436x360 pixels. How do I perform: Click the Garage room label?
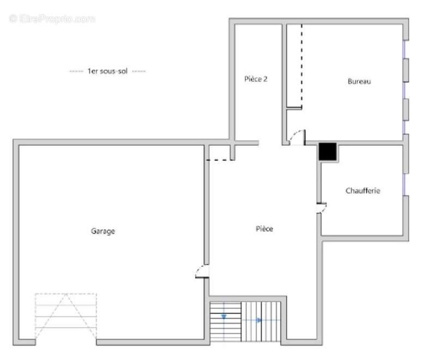click(103, 231)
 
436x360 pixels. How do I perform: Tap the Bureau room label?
click(359, 81)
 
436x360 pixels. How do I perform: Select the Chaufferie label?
click(362, 191)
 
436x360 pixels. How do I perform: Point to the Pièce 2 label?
click(256, 79)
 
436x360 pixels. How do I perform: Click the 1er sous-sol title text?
click(107, 71)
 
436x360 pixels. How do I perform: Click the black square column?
click(328, 151)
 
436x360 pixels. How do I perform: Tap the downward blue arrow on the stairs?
click(224, 316)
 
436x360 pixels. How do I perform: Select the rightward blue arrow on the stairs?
click(259, 320)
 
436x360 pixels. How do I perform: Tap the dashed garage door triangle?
click(66, 316)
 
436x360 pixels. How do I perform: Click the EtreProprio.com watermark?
click(52, 19)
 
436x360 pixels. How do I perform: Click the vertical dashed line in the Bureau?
click(302, 66)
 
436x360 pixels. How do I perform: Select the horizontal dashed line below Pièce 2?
click(220, 160)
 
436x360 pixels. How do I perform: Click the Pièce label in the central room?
click(264, 229)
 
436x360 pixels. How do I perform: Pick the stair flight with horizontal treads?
click(226, 321)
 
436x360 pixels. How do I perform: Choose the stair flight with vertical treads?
click(261, 321)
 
